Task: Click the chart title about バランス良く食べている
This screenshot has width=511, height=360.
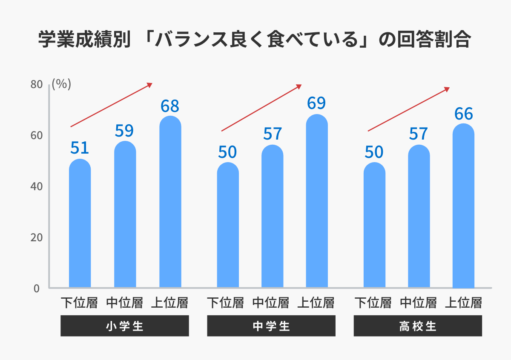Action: tap(255, 40)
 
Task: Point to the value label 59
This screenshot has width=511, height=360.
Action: tap(124, 131)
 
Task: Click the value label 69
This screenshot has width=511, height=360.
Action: tap(316, 103)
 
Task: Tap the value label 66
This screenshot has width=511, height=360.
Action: tap(463, 114)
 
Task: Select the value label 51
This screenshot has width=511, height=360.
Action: tap(80, 148)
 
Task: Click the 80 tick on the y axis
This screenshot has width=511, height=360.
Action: tap(37, 85)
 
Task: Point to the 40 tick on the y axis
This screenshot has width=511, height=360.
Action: tap(37, 186)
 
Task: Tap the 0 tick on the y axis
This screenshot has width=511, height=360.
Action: tap(37, 288)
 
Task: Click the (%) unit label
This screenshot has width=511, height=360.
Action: tap(61, 84)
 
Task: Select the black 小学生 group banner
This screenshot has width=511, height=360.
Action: tap(124, 326)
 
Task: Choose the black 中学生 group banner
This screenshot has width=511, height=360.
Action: tap(271, 326)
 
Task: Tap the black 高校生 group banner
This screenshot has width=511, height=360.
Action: tap(418, 326)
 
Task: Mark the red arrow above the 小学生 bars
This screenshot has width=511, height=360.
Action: tap(112, 105)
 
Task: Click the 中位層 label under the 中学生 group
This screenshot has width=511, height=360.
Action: tap(271, 303)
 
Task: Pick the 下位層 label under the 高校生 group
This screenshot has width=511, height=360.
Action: tap(373, 303)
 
